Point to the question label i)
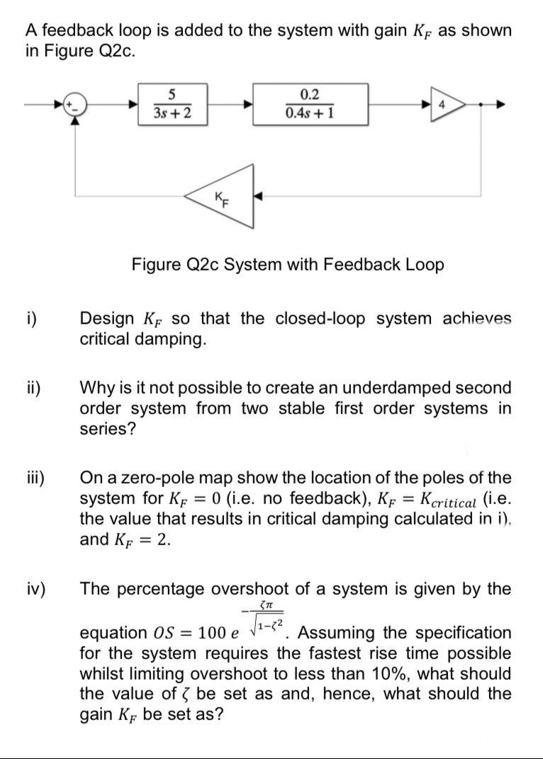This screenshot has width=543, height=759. (x=33, y=319)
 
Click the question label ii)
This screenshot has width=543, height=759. (x=33, y=389)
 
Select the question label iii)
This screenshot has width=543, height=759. (x=35, y=478)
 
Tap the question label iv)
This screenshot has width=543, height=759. (x=36, y=589)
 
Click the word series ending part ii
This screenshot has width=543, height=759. (x=106, y=429)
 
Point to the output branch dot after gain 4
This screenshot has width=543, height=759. (x=482, y=105)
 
